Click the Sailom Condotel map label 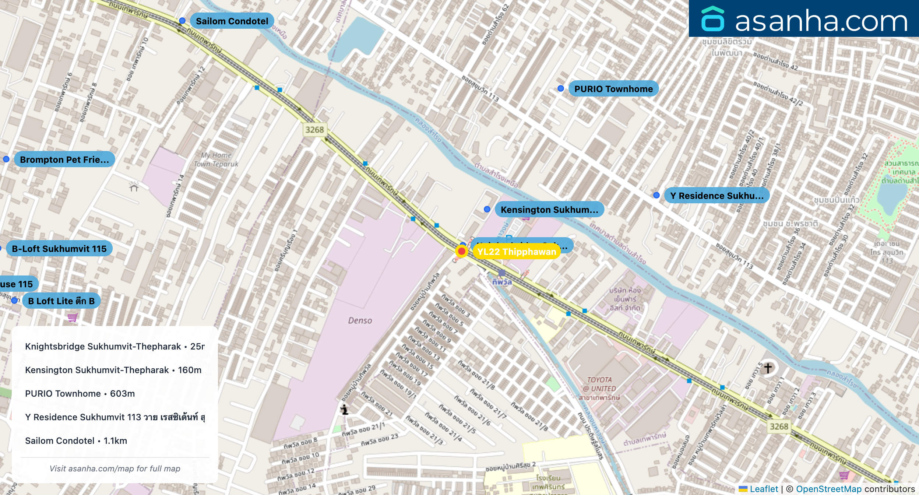232,21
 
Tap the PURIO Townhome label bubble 613,89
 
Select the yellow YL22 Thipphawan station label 516,252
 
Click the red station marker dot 461,251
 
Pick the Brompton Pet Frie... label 64,159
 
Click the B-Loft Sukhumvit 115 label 59,249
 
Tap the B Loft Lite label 61,301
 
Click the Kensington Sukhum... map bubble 549,210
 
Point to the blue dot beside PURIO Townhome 560,88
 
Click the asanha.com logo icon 712,19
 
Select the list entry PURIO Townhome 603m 80,393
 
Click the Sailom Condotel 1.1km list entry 76,440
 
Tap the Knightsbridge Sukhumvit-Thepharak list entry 115,346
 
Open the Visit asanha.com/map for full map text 115,468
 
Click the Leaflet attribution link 764,489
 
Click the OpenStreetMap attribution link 828,489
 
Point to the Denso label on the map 360,320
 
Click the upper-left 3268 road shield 314,130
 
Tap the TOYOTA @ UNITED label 599,384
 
